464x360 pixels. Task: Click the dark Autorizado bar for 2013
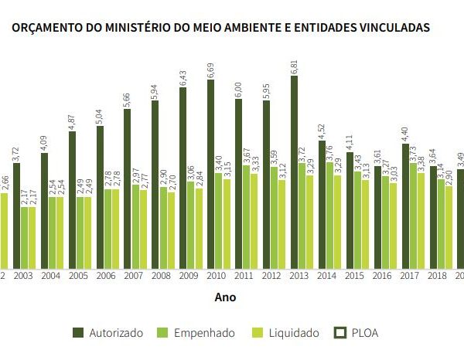[x=295, y=170]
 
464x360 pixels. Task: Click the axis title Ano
[x=226, y=297]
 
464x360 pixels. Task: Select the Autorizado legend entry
[x=109, y=333]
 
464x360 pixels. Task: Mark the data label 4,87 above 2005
[x=72, y=121]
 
